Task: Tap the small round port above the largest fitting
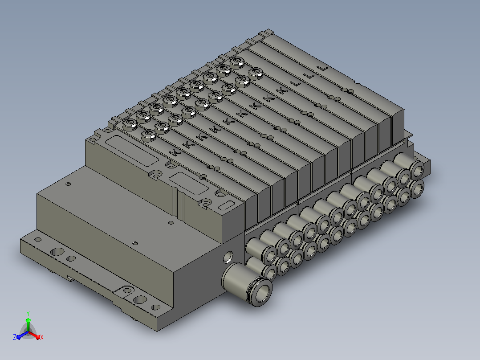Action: pyautogui.click(x=228, y=257)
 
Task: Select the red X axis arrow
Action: pyautogui.click(x=35, y=335)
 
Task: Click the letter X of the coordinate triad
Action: pyautogui.click(x=42, y=338)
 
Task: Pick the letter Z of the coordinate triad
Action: pyautogui.click(x=15, y=337)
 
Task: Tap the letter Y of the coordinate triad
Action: pyautogui.click(x=28, y=313)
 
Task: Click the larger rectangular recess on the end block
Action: pyautogui.click(x=132, y=151)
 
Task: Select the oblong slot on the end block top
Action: pyautogui.click(x=227, y=205)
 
